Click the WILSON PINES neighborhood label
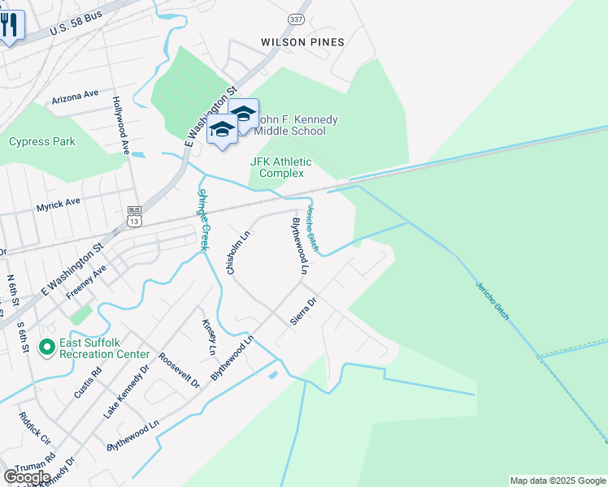click(x=302, y=42)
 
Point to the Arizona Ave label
click(x=74, y=97)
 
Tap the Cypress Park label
click(x=42, y=141)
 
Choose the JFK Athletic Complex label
click(x=277, y=167)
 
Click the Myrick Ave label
click(x=59, y=202)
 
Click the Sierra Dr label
click(x=303, y=312)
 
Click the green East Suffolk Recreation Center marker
click(x=47, y=348)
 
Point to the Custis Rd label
click(x=88, y=382)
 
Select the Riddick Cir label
click(x=33, y=430)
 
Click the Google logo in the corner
click(x=27, y=477)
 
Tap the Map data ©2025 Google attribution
click(x=558, y=481)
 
